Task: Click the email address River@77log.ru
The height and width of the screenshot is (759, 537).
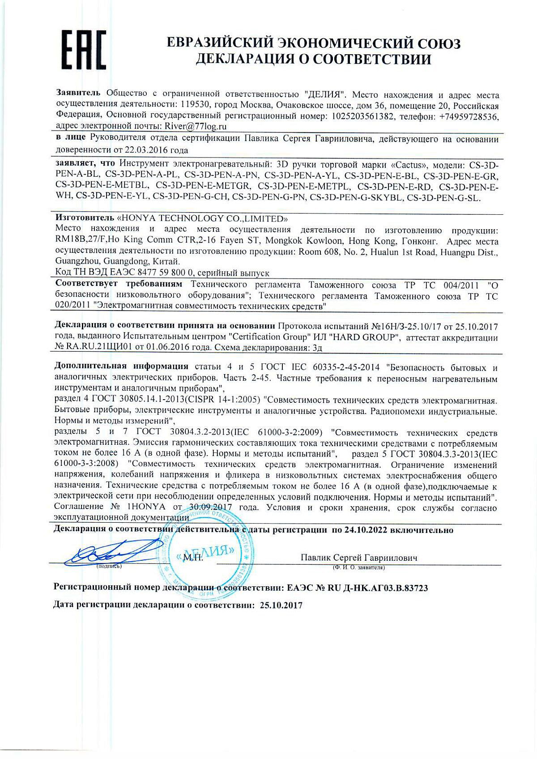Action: click(189, 127)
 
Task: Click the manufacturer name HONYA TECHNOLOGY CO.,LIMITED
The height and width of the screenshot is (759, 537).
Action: click(202, 219)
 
